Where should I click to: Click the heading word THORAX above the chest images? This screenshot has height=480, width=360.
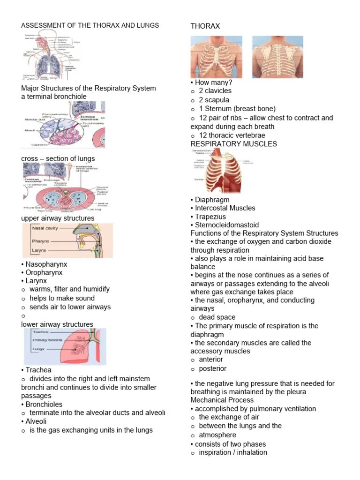(x=205, y=26)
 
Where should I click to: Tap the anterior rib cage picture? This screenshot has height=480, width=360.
(x=216, y=57)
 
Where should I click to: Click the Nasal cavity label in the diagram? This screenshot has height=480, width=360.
(x=45, y=229)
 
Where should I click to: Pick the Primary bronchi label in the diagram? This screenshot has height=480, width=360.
(x=47, y=340)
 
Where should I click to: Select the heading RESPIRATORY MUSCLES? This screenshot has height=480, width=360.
(x=233, y=144)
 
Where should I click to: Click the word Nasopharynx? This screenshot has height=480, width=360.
(x=44, y=264)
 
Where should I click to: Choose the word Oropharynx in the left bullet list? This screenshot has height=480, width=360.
(x=44, y=273)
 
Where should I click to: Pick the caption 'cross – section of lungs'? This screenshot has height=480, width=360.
(x=58, y=158)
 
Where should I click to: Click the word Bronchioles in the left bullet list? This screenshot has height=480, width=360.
(x=44, y=404)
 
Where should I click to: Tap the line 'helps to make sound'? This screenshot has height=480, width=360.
(x=62, y=298)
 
